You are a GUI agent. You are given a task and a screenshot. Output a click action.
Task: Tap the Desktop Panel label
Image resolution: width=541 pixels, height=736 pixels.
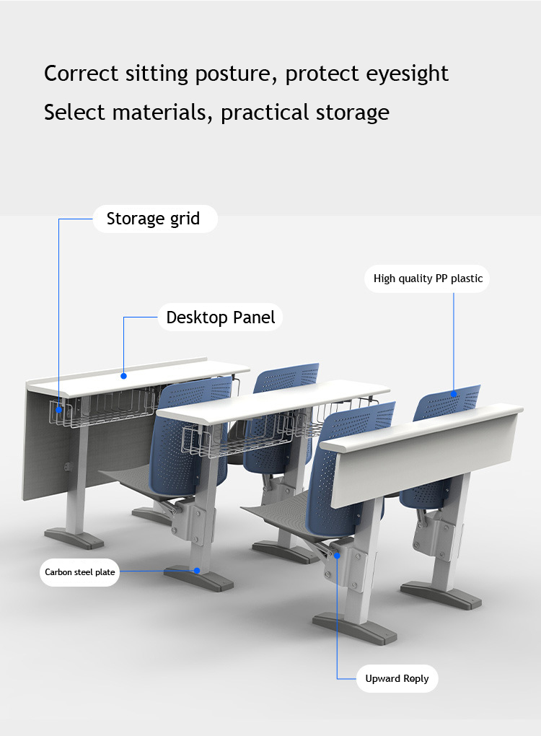coord(220,317)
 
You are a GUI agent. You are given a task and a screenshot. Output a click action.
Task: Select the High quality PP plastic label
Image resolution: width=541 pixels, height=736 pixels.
coord(428,279)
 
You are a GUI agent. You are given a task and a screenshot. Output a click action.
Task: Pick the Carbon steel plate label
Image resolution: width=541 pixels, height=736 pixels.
coord(80,572)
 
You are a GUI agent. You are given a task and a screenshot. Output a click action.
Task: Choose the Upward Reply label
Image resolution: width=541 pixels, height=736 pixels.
coord(397,679)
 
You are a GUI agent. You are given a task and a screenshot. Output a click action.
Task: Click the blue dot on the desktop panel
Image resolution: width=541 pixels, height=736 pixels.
coord(124,376)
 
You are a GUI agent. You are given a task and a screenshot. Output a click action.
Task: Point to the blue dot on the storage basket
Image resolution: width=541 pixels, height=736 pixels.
coord(59,410)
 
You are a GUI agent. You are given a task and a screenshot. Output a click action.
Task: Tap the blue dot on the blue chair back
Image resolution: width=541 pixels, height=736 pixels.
coord(454,394)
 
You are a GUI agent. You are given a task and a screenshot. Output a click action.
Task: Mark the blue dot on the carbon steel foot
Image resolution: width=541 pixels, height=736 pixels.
coord(197,571)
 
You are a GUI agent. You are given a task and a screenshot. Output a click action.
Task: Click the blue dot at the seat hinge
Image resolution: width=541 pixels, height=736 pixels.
coord(337,556)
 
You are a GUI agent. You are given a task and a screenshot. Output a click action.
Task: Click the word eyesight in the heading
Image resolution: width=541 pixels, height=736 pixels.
coord(407,74)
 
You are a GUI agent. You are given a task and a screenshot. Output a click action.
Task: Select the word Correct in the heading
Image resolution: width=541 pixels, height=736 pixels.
coord(81,74)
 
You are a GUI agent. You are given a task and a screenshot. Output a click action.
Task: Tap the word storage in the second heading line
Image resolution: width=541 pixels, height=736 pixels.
coord(352,113)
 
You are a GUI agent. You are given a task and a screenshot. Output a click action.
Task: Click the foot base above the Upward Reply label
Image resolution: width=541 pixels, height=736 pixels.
coord(355,629)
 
